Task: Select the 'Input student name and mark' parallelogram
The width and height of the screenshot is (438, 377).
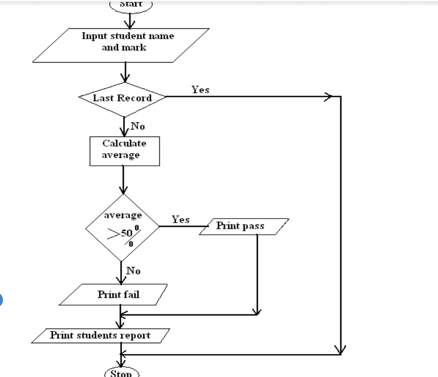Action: [122, 45]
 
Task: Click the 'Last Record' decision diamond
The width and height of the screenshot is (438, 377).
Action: [122, 97]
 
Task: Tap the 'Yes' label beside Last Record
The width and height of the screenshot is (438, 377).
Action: [200, 89]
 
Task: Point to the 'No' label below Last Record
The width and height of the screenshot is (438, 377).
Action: [138, 126]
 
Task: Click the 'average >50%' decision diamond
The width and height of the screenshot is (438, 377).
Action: [122, 227]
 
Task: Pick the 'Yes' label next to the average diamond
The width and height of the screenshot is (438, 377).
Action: [180, 220]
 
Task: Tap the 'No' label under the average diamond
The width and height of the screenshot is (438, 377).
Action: [133, 270]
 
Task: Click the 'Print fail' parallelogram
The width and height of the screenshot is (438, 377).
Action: [118, 294]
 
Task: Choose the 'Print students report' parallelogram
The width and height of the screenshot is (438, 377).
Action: [100, 335]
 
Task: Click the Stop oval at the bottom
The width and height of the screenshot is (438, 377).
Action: [122, 374]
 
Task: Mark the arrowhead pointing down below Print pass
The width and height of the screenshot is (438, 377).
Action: [257, 311]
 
